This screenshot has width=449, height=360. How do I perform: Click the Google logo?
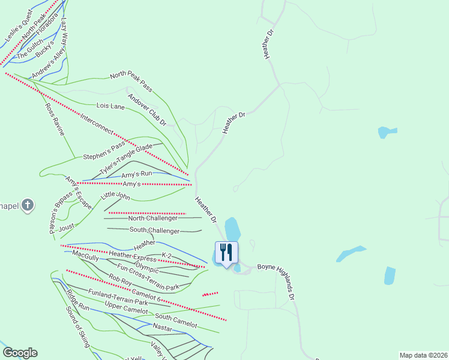tap(20, 353)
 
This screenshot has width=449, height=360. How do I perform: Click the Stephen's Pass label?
tap(104, 151)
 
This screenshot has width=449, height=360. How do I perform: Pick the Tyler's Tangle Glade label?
tap(126, 159)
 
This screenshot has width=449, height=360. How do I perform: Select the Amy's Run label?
tap(138, 174)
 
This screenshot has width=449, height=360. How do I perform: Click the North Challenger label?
tap(153, 218)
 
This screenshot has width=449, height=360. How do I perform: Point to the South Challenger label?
tap(154, 230)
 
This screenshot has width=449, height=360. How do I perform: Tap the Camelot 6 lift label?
tap(146, 294)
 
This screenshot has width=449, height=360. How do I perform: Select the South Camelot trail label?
tap(176, 320)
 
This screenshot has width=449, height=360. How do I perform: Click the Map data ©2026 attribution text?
tap(423, 355)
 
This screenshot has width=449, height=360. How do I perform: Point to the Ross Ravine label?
tap(54, 119)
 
